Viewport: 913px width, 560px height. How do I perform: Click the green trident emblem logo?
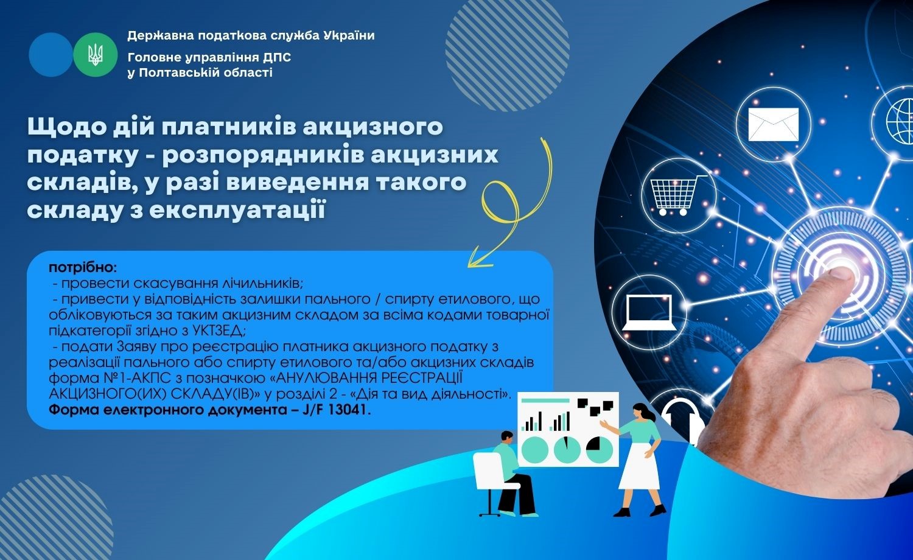(96, 55)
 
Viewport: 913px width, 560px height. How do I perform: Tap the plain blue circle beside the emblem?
(51, 55)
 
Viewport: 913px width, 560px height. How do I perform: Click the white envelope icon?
(773, 124)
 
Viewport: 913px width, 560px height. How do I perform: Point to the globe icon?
(900, 122)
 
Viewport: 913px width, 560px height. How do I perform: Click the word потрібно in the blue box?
(83, 268)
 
